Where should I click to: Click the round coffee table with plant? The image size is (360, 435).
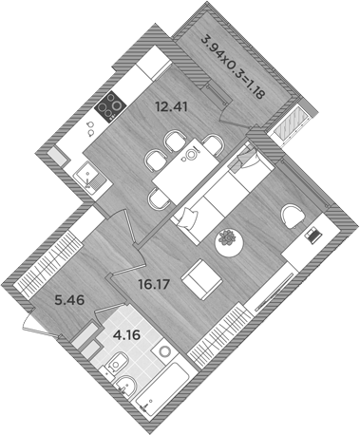[229, 241]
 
